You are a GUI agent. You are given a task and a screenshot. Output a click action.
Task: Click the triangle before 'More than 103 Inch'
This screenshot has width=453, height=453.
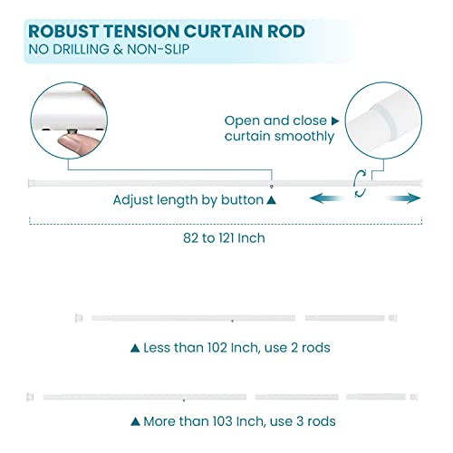coord(135,422)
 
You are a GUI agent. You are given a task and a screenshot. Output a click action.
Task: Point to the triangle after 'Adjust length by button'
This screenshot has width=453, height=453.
coord(271,198)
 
